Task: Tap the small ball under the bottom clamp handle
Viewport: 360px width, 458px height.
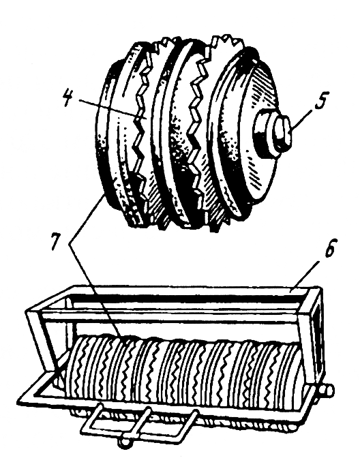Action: click(124, 442)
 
